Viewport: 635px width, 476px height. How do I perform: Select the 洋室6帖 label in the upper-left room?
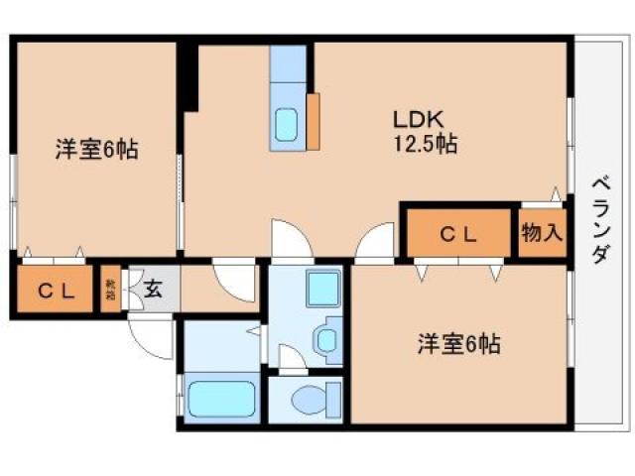point(96,151)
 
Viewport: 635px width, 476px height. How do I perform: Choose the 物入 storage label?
point(542,234)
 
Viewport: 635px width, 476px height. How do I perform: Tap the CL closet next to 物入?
point(458,235)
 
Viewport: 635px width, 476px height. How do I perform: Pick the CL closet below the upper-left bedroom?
point(56,291)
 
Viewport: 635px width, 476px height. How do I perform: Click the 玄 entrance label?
point(154,290)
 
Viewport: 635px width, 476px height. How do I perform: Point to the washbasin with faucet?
point(326,339)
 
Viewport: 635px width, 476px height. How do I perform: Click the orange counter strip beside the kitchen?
point(313,120)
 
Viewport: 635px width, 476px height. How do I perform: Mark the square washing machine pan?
point(322,290)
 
